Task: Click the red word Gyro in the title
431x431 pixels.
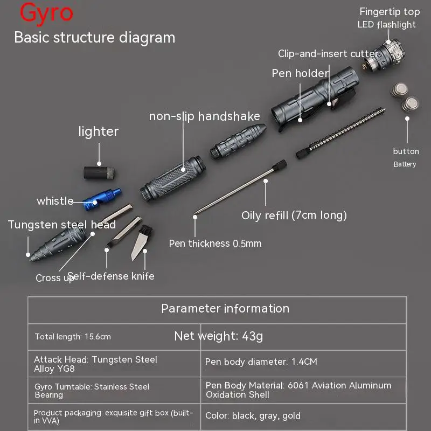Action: (x=46, y=13)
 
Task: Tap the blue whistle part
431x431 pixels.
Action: (x=102, y=198)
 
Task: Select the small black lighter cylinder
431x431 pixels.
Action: (x=100, y=173)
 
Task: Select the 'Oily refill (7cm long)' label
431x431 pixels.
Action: (x=294, y=215)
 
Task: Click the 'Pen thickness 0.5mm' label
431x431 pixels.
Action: (x=215, y=244)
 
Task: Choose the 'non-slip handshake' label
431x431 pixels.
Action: (x=204, y=116)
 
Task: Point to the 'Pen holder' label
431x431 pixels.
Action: (x=300, y=73)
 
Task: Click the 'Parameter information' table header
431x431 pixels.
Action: (x=225, y=309)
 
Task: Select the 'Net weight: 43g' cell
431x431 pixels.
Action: (x=219, y=337)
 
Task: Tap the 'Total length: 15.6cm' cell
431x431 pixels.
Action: (x=73, y=337)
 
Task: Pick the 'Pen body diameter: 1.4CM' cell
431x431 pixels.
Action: (x=261, y=362)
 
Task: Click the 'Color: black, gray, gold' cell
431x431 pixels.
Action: (x=253, y=416)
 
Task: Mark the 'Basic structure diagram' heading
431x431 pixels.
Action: (x=94, y=38)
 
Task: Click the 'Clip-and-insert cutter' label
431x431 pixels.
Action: (x=328, y=54)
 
